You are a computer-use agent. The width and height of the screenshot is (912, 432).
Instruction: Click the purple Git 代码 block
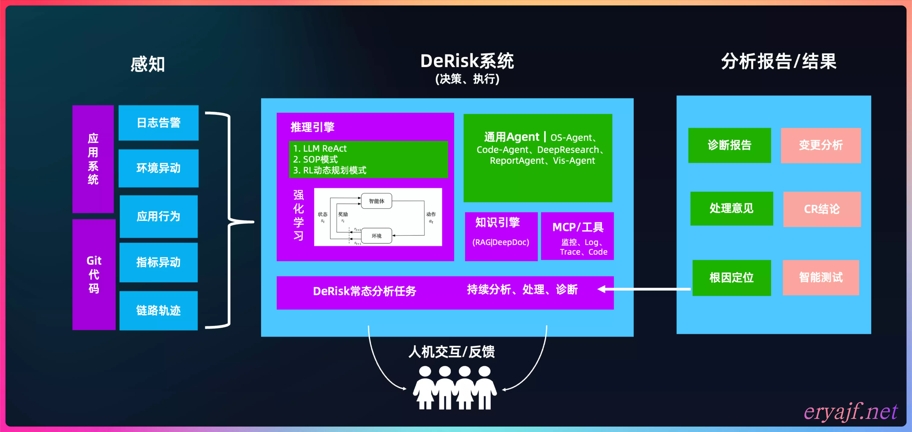[x=94, y=275]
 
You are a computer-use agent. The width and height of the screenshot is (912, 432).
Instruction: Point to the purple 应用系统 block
[x=93, y=159]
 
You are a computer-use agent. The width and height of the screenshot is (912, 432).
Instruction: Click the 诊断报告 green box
[x=729, y=145]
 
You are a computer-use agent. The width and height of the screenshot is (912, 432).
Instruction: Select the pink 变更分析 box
[x=821, y=145]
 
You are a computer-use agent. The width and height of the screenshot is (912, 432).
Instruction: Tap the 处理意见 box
[x=731, y=208]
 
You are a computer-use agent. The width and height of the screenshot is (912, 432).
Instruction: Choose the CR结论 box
[x=822, y=209]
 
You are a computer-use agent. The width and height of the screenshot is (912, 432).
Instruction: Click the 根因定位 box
[x=731, y=277]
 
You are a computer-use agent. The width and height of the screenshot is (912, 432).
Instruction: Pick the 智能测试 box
[x=821, y=277]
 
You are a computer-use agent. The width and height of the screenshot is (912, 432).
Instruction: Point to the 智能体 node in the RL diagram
[x=376, y=201]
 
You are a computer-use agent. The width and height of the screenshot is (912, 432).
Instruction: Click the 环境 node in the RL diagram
[x=376, y=236]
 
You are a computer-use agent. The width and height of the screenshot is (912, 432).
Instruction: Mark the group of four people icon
[x=455, y=388]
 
